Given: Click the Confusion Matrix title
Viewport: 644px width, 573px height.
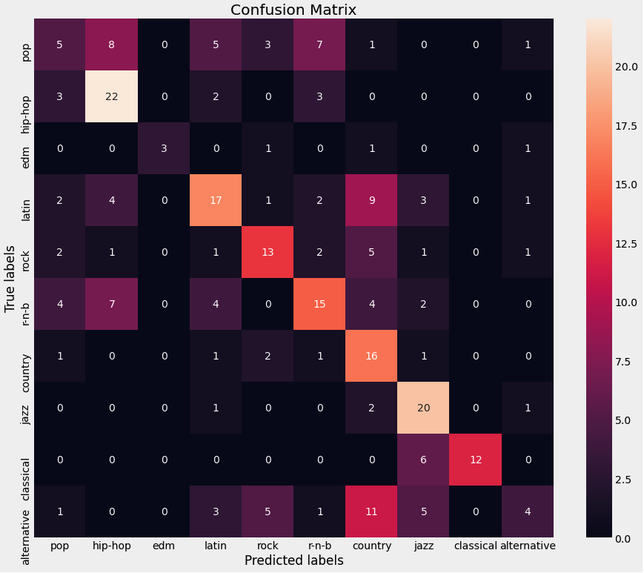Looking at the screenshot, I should click(293, 10).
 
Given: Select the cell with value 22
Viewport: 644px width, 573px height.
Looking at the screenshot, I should click(113, 97).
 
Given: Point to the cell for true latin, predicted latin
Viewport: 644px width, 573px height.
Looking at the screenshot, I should click(216, 200).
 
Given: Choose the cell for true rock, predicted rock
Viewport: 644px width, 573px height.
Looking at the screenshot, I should click(268, 252).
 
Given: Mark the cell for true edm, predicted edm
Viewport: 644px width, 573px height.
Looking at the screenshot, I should click(165, 148).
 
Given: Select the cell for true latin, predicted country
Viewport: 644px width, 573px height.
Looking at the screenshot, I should click(372, 200).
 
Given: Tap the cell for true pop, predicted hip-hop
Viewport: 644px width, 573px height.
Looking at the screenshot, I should click(113, 45).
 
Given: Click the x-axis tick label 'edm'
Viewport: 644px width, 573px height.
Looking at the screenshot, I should click(165, 546).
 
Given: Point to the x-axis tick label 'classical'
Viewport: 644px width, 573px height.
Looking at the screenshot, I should click(476, 546).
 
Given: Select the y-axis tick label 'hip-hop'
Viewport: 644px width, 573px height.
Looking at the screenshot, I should click(27, 97).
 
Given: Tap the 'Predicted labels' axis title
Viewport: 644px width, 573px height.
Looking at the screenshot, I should click(294, 560).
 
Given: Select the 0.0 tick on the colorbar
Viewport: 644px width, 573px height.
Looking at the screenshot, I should click(623, 538).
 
